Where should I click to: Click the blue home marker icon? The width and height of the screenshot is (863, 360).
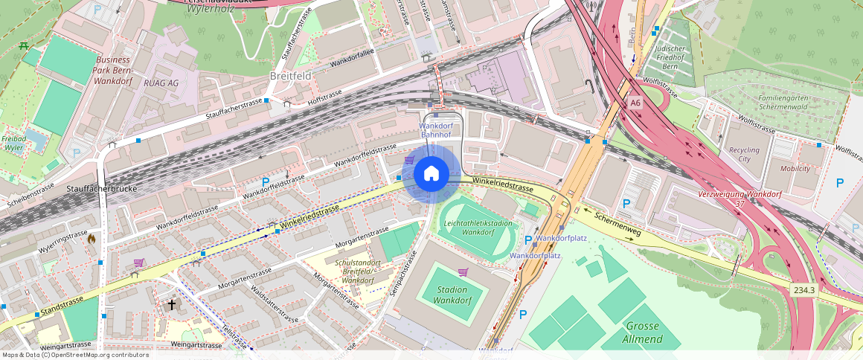(x=431, y=174)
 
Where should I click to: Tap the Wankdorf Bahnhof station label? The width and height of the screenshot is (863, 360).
(x=436, y=130)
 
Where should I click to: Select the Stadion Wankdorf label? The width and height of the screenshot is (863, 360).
(x=452, y=295)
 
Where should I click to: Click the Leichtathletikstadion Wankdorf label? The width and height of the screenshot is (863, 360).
(x=478, y=227)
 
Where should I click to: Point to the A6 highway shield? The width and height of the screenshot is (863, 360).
(x=635, y=103)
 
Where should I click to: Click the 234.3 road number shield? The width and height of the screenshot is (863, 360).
(x=803, y=290)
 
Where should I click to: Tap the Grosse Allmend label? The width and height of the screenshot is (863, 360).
(x=644, y=332)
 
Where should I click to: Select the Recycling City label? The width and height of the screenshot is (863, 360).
(x=744, y=154)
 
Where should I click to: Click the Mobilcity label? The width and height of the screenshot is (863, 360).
(x=795, y=168)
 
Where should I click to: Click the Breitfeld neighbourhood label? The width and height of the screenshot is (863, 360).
(x=290, y=77)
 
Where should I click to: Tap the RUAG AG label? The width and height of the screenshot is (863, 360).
(x=161, y=83)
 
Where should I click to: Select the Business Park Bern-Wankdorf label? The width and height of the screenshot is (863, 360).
(x=113, y=69)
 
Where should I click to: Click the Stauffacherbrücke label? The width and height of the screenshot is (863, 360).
(x=101, y=189)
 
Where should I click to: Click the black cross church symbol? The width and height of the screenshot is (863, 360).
(x=172, y=304)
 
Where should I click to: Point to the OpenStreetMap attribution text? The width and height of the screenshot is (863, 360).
(x=75, y=355)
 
